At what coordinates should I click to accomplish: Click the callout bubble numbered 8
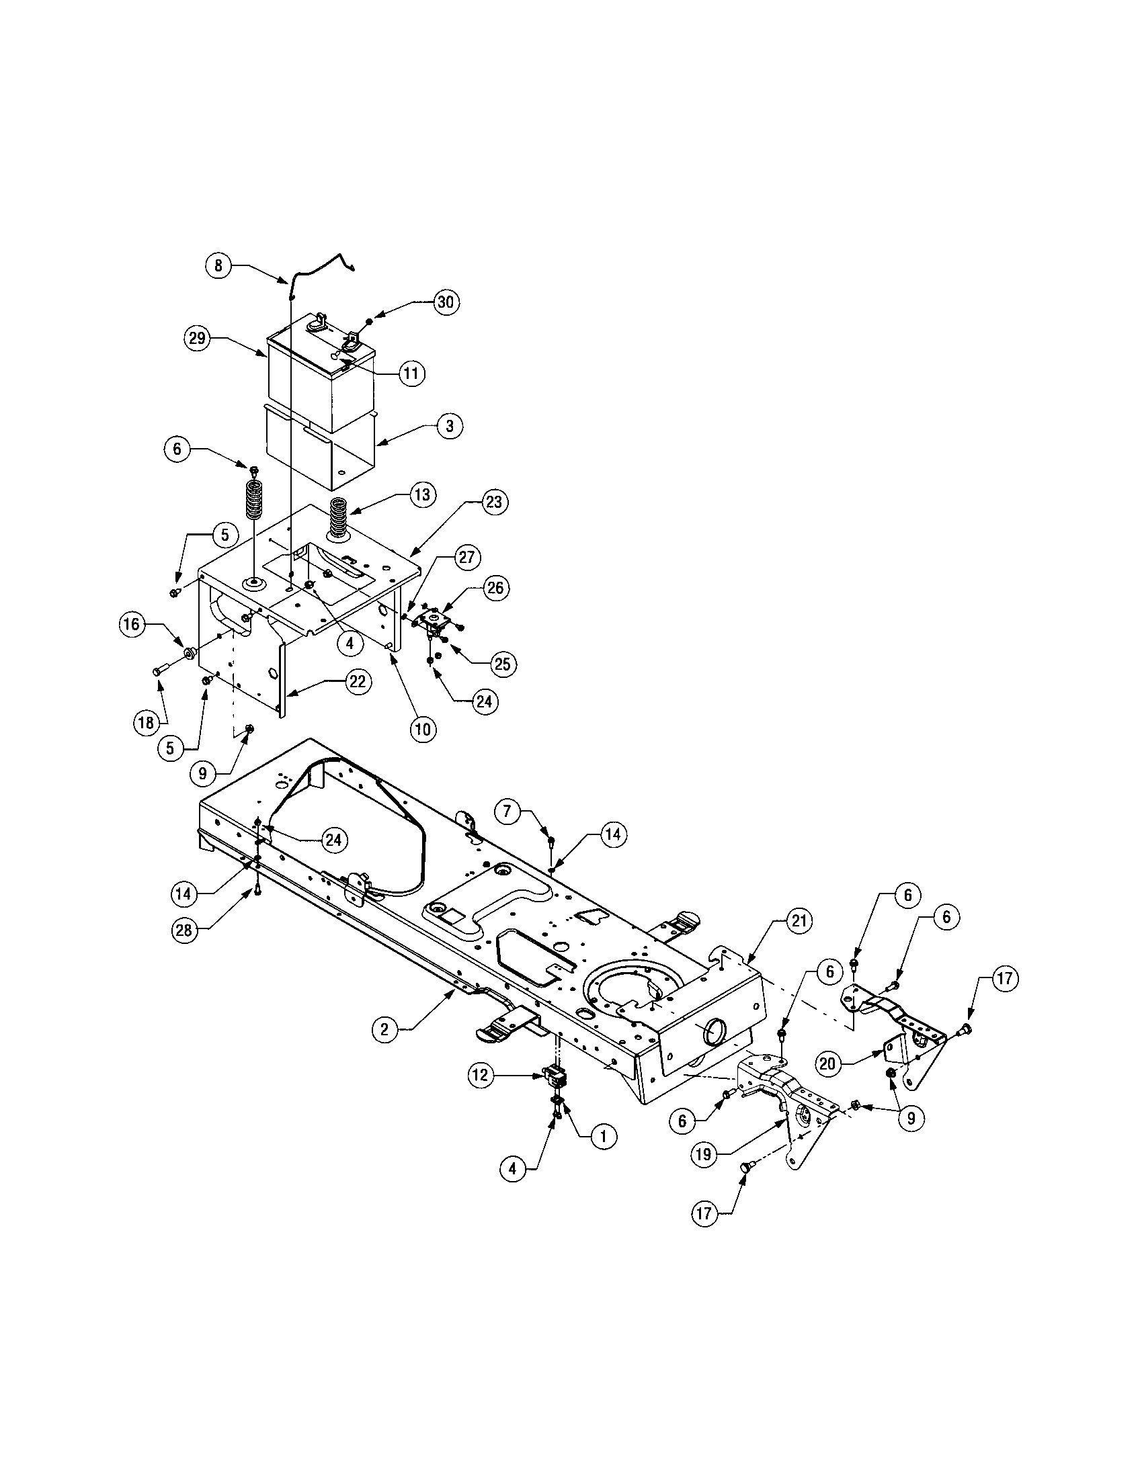coord(218,265)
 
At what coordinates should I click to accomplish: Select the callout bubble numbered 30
coord(445,302)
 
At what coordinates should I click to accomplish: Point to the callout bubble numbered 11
coord(411,373)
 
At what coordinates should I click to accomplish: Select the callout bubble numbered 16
coord(132,624)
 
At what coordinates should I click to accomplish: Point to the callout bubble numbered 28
coord(184,930)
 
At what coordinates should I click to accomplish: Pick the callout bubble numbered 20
coord(827,1064)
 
